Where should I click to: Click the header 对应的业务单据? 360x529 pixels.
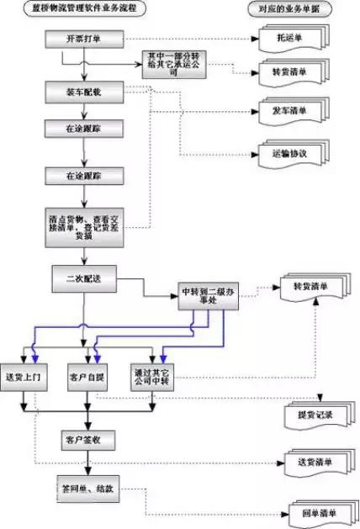point(292,8)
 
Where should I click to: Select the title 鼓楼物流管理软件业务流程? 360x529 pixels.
point(84,8)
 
